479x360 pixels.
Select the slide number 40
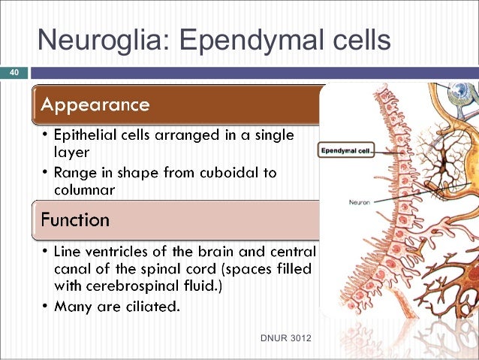click(14, 73)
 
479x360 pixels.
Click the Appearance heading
click(95, 104)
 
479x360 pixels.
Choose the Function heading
click(75, 220)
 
